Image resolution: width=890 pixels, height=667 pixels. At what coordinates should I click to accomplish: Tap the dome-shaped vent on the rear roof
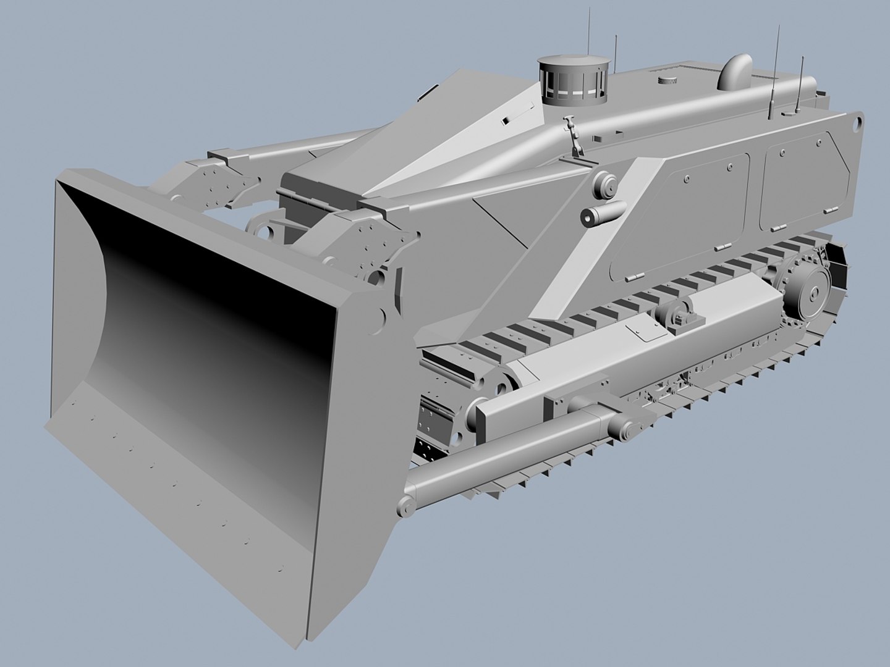click(x=734, y=72)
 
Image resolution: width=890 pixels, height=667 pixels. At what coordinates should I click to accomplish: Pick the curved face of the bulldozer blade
click(x=204, y=321)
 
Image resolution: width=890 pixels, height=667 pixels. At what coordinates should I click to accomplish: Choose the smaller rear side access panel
click(x=803, y=179)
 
